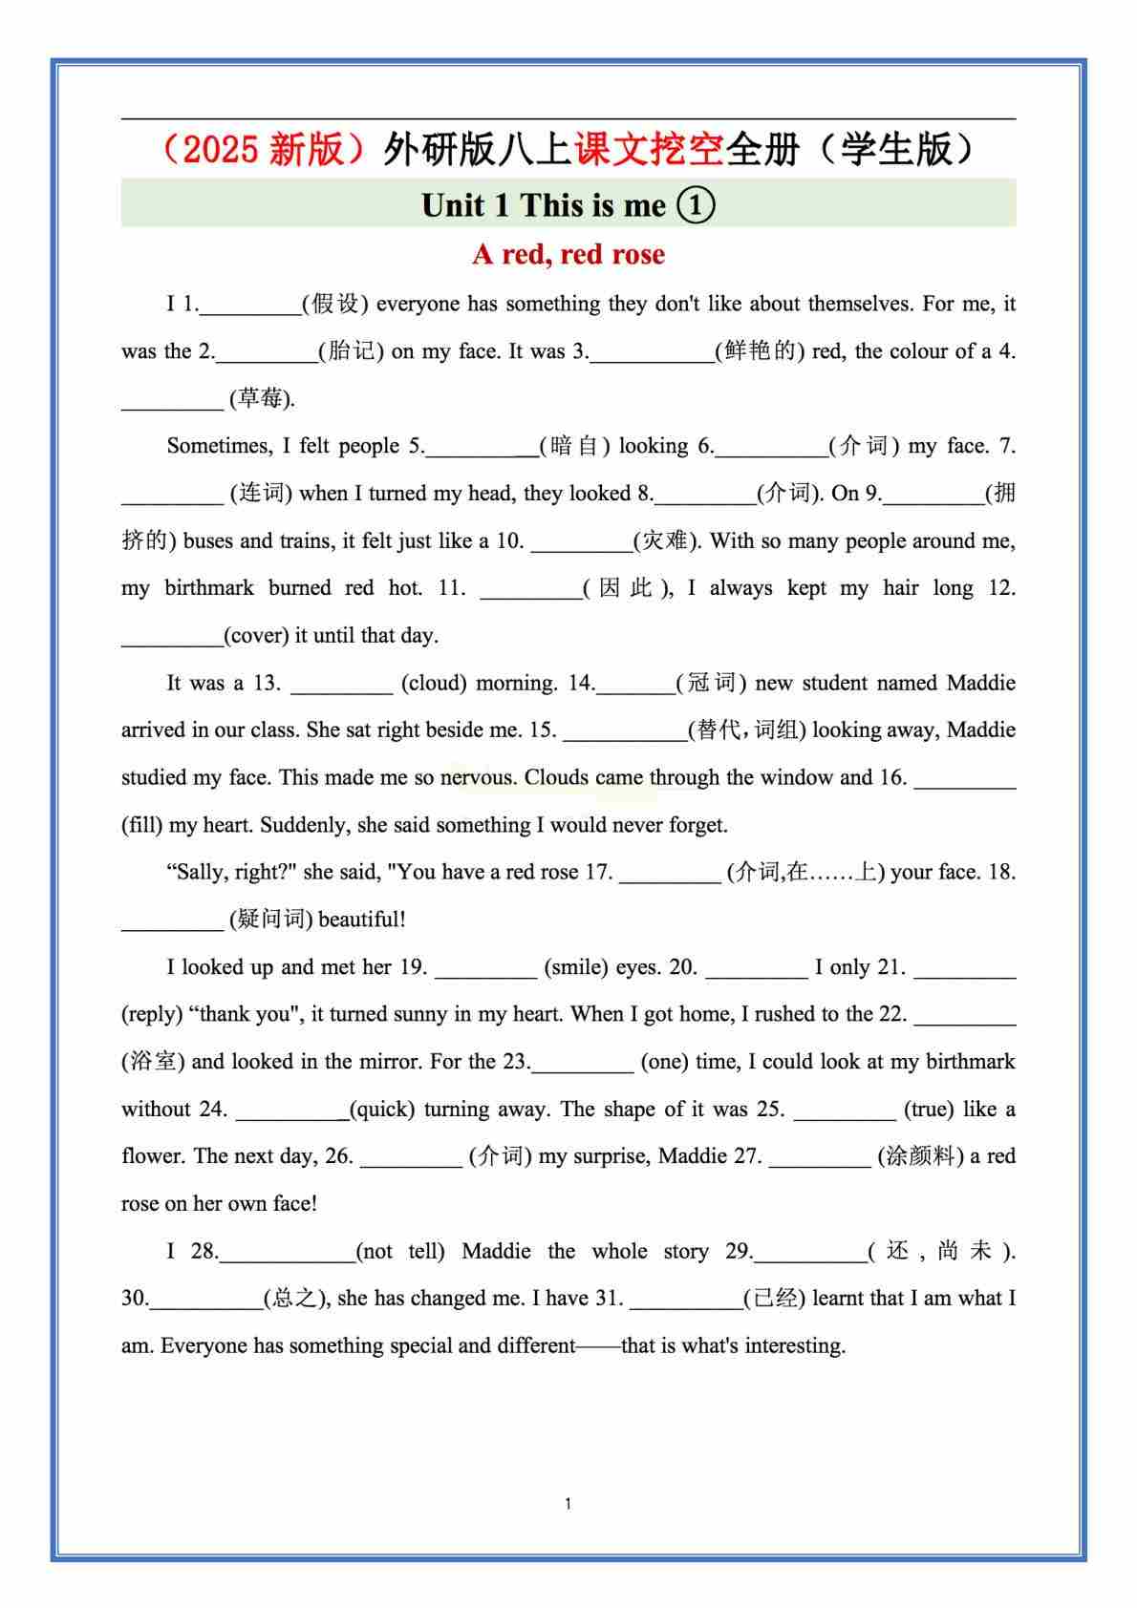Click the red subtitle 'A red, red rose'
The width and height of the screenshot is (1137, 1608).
tap(568, 255)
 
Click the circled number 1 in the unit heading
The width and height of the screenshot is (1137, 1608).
tap(696, 204)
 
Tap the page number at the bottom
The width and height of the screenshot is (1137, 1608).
tap(568, 1504)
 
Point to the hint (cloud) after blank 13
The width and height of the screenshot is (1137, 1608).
tap(434, 684)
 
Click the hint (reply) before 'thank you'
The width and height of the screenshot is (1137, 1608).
tap(152, 1015)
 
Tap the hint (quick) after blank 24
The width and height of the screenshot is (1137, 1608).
tap(382, 1110)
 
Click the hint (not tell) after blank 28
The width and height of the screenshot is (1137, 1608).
tap(400, 1252)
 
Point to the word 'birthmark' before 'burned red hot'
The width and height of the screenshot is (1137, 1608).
tap(209, 588)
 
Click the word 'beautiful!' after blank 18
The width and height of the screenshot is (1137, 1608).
tap(362, 920)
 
